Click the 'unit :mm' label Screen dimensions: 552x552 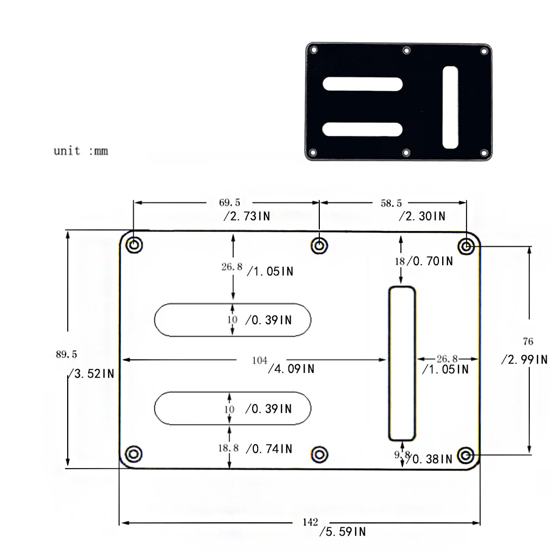tap(81, 151)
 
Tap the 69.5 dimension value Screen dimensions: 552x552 tap(229, 202)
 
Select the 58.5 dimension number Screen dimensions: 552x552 tap(391, 203)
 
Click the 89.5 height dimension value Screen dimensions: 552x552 tap(66, 354)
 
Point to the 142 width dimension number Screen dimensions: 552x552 tap(310, 522)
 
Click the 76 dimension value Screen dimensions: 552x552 tap(528, 341)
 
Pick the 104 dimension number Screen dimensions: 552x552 tap(259, 360)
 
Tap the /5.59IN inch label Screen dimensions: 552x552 tap(343, 531)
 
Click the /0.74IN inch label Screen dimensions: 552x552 tap(269, 449)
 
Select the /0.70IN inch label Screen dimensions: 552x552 tap(430, 261)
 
